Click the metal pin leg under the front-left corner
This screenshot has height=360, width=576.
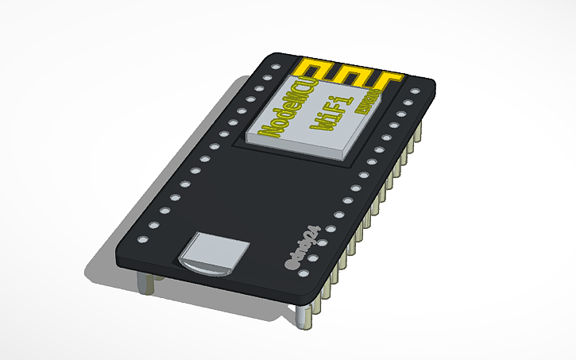click(144, 281)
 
